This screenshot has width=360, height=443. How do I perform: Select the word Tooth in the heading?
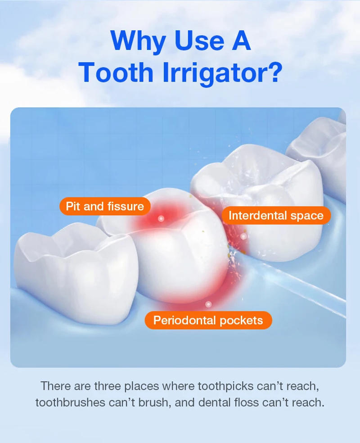[116, 72]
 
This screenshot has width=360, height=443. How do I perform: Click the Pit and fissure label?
[105, 207]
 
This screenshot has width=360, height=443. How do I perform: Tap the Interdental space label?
[276, 216]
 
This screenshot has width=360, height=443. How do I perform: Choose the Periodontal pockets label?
[208, 321]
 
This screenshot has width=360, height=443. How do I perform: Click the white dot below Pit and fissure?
[161, 219]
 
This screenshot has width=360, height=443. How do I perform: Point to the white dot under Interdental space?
[243, 236]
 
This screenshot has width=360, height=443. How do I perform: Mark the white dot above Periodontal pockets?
[208, 304]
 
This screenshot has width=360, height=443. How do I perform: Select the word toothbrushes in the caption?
[70, 402]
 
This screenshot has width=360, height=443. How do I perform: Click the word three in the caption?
[107, 386]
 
